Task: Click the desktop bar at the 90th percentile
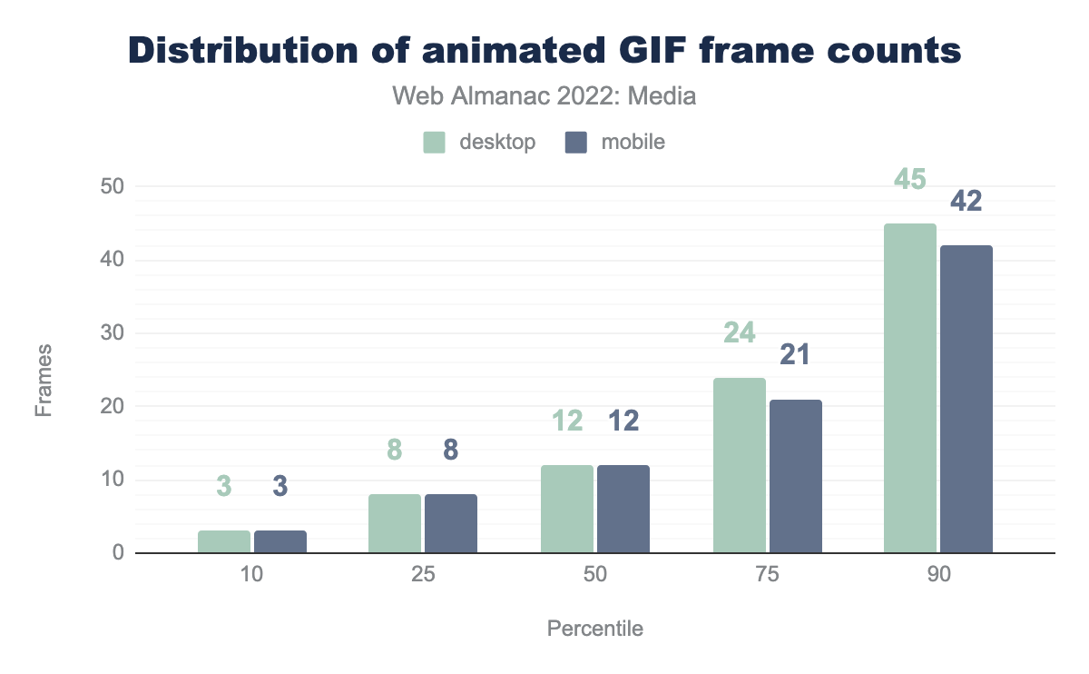pos(910,389)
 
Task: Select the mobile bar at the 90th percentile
pos(966,400)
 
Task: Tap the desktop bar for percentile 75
pos(739,466)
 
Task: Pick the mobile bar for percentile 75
pos(795,477)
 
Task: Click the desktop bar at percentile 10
pos(224,542)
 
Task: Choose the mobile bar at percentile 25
pos(451,524)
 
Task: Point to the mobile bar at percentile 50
pos(623,510)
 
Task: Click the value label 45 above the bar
pos(910,179)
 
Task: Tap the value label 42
pos(966,201)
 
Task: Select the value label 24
pos(739,333)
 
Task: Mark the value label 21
pos(795,355)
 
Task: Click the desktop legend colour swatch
pos(435,142)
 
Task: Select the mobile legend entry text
pos(633,142)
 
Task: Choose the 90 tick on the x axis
pos(938,577)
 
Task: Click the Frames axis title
pos(44,380)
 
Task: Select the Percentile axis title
pos(595,629)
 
